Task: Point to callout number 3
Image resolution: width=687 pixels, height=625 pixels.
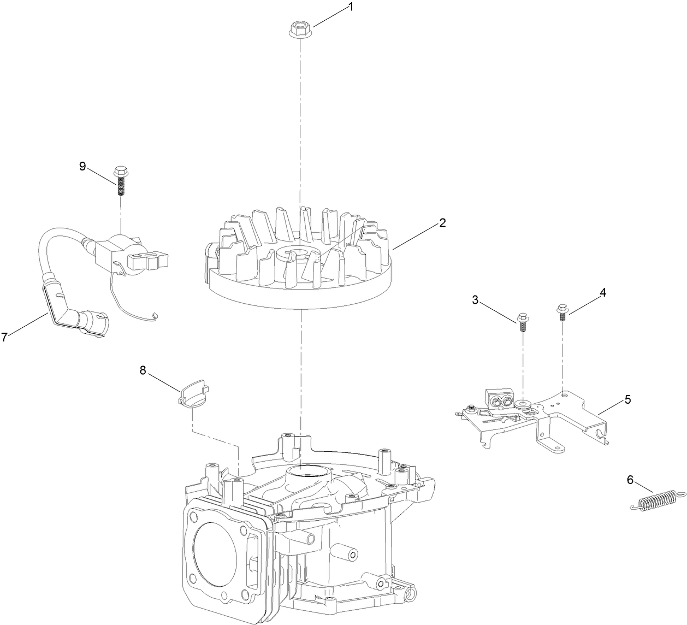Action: coord(475,300)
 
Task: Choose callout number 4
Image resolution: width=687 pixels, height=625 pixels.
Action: coord(603,293)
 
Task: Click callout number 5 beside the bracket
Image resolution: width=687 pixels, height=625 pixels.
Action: coord(627,399)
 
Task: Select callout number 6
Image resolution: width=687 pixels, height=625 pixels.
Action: coord(630,480)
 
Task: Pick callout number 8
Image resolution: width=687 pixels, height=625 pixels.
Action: coord(143,370)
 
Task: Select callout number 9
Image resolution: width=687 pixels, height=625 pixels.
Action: coord(82,166)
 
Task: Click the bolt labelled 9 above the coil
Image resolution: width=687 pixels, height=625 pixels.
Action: coord(121,181)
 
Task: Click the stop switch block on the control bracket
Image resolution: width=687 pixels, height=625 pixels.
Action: coord(500,399)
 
